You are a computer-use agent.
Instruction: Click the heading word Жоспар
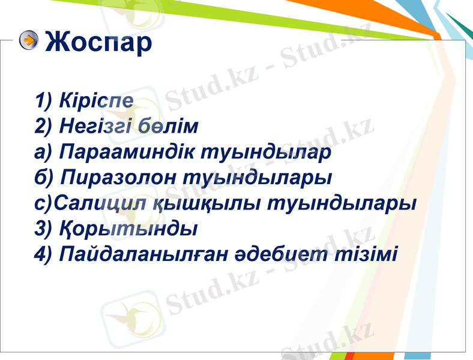click(x=98, y=42)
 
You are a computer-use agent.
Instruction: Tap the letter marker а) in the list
click(x=44, y=152)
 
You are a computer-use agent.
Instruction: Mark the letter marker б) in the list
click(x=44, y=178)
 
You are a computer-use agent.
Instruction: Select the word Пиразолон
click(x=119, y=178)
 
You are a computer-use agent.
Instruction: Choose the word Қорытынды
click(x=129, y=229)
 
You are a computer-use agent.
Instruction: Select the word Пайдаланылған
click(x=146, y=254)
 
